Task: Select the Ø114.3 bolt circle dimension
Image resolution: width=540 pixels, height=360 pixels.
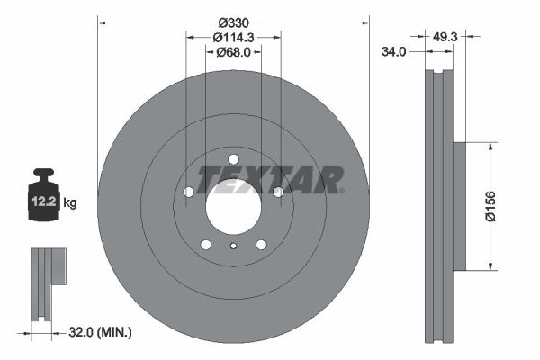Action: pos(233,37)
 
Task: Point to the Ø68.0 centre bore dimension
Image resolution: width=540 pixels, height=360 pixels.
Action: pos(233,52)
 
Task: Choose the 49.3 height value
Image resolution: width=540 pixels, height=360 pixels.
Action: pos(445,37)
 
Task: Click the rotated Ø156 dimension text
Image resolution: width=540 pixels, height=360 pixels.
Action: pos(490,205)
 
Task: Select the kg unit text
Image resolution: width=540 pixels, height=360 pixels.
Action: pos(70,203)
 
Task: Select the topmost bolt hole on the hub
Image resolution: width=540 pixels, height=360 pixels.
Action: pos(233,159)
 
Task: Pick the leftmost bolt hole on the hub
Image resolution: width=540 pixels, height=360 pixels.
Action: pos(188,192)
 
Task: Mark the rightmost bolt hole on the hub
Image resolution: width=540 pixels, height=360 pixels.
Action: pos(278,192)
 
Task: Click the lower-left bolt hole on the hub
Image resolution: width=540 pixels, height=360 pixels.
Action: pos(205,245)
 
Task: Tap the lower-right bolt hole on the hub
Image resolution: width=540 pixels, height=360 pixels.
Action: pos(261,245)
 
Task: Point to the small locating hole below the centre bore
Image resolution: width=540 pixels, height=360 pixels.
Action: pos(233,247)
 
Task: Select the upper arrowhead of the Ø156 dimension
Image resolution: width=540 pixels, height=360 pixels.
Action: pos(490,145)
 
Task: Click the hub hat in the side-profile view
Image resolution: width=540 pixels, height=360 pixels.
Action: pos(458,205)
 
